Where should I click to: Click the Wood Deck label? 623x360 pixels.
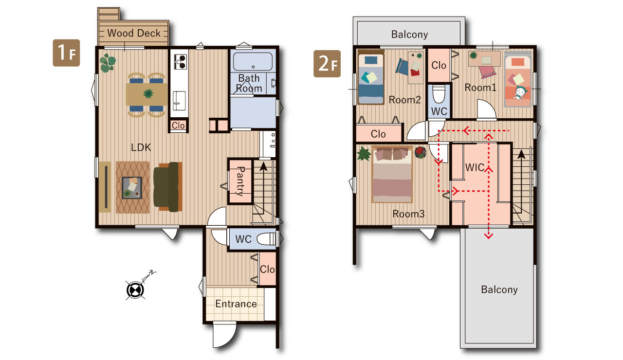click(134, 33)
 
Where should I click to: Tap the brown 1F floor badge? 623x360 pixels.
click(66, 53)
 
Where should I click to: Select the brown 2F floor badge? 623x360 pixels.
click(327, 64)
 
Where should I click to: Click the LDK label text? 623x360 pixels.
click(141, 147)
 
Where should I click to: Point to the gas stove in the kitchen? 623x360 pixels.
click(180, 62)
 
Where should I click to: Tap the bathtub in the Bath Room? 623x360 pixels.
click(253, 61)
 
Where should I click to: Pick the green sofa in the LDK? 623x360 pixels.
click(168, 187)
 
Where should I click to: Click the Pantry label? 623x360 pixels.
click(240, 181)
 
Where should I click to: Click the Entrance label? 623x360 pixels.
click(236, 304)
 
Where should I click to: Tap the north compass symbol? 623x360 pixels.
click(135, 290)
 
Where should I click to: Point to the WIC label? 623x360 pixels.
click(475, 167)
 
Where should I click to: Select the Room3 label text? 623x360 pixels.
click(408, 214)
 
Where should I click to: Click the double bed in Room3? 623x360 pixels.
click(392, 175)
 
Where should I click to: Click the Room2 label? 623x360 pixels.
click(404, 100)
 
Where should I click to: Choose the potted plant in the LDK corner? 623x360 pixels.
click(108, 63)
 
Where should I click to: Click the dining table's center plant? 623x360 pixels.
click(148, 93)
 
